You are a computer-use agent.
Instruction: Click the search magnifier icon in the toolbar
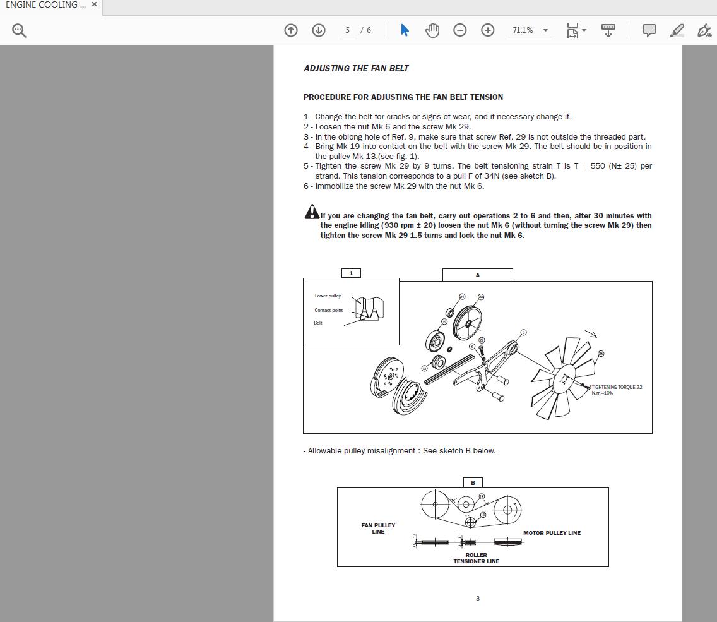pyautogui.click(x=19, y=30)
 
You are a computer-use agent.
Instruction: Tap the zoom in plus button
pyautogui.click(x=487, y=30)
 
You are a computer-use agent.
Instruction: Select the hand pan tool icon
pyautogui.click(x=432, y=30)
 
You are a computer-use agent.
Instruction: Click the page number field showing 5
pyautogui.click(x=347, y=30)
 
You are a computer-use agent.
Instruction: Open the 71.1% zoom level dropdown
pyautogui.click(x=545, y=30)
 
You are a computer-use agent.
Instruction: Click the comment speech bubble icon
pyautogui.click(x=649, y=30)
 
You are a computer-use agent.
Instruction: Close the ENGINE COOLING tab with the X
pyautogui.click(x=94, y=4)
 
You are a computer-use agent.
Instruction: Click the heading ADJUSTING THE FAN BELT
pyautogui.click(x=356, y=68)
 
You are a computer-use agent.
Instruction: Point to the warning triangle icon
pyautogui.click(x=311, y=212)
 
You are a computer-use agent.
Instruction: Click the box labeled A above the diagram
pyautogui.click(x=477, y=275)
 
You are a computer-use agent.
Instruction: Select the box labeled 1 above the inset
pyautogui.click(x=351, y=273)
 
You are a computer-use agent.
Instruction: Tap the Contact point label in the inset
pyautogui.click(x=328, y=310)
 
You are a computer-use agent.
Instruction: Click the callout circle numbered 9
pyautogui.click(x=523, y=332)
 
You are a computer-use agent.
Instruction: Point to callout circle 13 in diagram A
pyautogui.click(x=425, y=368)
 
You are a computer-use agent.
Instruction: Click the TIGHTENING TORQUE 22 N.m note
pyautogui.click(x=616, y=390)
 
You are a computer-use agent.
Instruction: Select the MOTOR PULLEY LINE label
pyautogui.click(x=552, y=533)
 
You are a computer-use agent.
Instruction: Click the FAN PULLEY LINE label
pyautogui.click(x=378, y=528)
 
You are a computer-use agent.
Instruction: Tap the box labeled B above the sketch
pyautogui.click(x=473, y=482)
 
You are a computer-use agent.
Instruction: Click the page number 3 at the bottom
pyautogui.click(x=477, y=598)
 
